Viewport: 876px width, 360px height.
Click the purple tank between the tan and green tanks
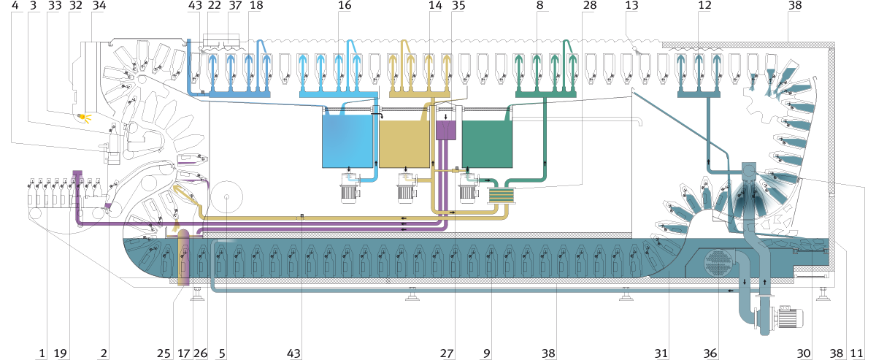[446, 130]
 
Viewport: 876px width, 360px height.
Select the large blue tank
[347, 141]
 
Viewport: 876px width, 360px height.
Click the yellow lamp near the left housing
[82, 116]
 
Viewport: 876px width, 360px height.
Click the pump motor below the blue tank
[350, 193]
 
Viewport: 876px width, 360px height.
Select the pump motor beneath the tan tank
[406, 193]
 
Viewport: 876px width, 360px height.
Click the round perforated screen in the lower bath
[720, 263]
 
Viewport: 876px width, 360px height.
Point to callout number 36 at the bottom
[710, 353]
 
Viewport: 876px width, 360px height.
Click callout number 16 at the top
[345, 6]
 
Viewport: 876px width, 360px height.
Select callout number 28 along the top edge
[590, 6]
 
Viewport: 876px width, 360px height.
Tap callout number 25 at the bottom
[164, 353]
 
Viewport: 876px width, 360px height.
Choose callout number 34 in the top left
[99, 6]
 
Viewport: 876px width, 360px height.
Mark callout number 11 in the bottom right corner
[856, 353]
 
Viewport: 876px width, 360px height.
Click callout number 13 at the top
[631, 6]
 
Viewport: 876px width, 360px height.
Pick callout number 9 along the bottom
[486, 353]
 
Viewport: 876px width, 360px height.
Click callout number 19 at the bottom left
[60, 353]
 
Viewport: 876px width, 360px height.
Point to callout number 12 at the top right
[704, 6]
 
